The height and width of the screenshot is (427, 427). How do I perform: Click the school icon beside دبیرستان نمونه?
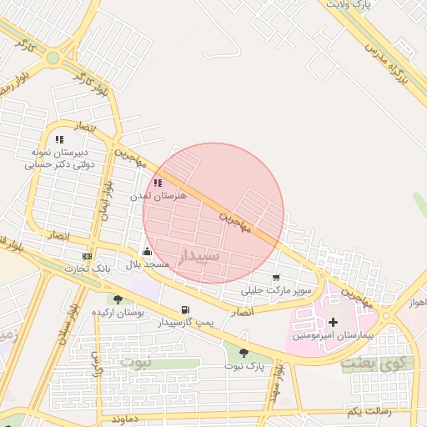(x=58, y=140)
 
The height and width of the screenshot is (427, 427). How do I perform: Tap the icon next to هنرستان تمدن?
(x=158, y=183)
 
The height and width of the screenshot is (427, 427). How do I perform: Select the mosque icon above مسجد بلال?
(x=148, y=251)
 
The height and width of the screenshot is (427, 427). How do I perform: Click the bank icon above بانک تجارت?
(x=87, y=256)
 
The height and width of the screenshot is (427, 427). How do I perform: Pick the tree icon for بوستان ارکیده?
(x=118, y=299)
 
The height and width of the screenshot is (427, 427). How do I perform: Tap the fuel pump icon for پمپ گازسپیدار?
(x=185, y=309)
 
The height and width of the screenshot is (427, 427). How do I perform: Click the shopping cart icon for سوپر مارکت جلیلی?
(x=276, y=279)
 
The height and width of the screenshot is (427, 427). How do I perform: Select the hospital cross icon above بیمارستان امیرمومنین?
(x=334, y=322)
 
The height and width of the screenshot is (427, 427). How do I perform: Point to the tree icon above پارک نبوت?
(x=244, y=353)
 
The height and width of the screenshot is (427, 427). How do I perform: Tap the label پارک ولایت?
(x=348, y=5)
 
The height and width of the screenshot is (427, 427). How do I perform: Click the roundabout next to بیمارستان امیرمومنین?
(x=385, y=315)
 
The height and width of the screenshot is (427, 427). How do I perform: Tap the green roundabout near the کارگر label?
(x=53, y=58)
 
